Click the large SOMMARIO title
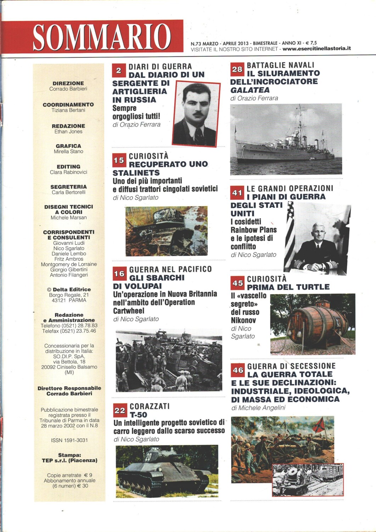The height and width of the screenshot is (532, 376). tap(102, 37)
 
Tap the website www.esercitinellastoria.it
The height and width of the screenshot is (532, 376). tap(316, 49)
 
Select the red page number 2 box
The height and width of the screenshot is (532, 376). tap(119, 71)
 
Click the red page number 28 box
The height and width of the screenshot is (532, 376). tap(237, 70)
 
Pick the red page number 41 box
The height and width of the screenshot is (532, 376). tap(237, 193)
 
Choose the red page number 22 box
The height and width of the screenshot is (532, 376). tap(120, 410)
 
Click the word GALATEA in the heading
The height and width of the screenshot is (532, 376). tap(245, 90)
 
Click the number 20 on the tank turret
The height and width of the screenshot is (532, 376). tap(148, 457)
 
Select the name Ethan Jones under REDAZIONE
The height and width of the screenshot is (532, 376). tap(68, 132)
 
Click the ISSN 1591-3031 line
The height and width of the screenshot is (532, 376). tap(69, 440)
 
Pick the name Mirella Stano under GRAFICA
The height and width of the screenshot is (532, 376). tap(68, 151)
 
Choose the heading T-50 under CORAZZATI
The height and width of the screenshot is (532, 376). tap(138, 415)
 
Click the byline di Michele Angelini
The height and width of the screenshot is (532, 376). tap(258, 408)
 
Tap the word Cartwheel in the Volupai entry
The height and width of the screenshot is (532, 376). tap(129, 311)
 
